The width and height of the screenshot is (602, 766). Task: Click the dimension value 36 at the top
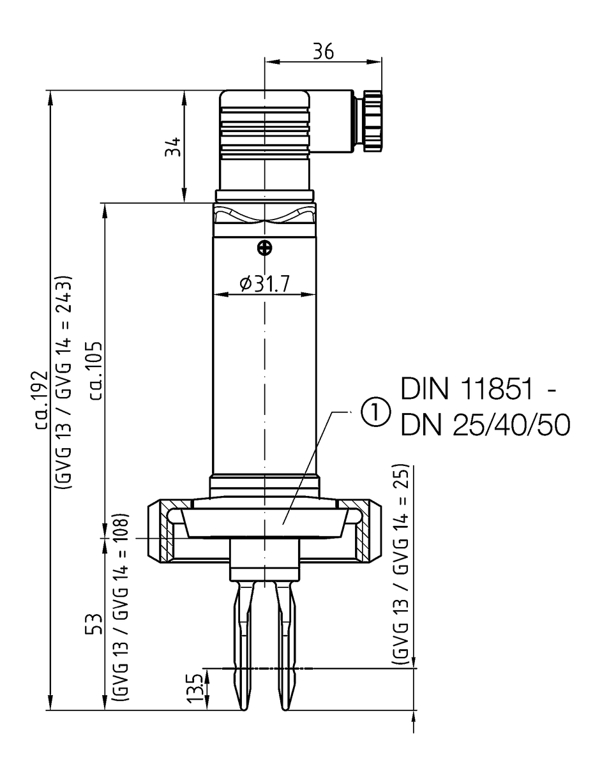tap(323, 51)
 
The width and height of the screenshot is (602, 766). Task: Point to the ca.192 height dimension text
tap(45, 399)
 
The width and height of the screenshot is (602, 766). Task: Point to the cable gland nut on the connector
tap(372, 122)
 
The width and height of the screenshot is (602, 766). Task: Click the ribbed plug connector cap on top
tap(264, 125)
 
